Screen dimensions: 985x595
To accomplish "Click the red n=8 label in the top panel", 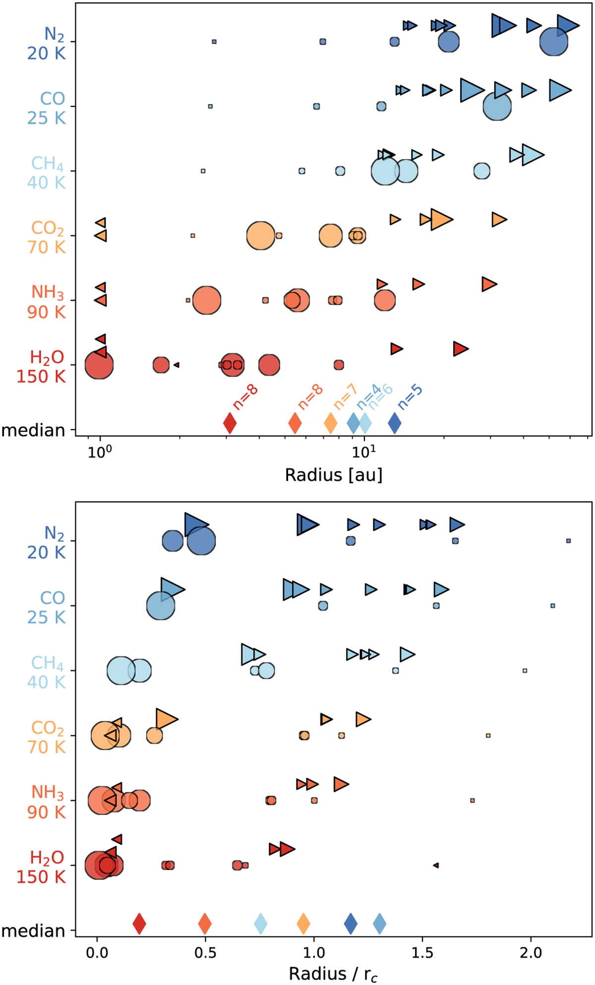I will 246,397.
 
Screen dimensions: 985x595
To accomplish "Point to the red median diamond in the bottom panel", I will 139,923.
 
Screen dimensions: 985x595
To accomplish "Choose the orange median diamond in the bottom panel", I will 303,923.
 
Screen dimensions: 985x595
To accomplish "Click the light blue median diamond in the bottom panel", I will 261,923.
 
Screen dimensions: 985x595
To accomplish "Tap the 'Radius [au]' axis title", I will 333,475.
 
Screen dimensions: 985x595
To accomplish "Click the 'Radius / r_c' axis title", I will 333,974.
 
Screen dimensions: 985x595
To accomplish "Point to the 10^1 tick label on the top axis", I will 364,452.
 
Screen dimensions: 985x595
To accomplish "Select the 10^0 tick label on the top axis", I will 100,452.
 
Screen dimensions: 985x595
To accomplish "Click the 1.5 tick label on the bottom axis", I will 422,952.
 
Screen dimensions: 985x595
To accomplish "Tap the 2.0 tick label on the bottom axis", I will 531,952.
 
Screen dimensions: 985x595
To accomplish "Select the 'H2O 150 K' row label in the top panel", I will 42,367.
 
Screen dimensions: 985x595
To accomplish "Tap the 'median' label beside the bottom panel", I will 33,931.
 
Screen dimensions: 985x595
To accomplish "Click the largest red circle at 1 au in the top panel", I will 99,365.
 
